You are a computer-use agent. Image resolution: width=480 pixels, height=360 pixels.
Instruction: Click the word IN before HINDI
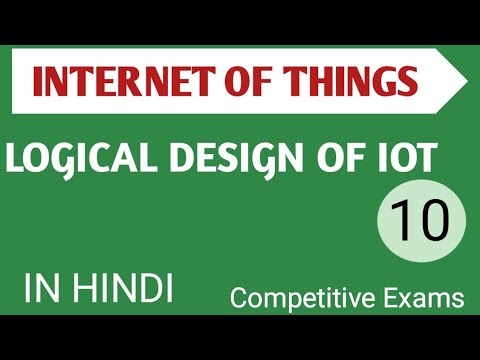coord(41,289)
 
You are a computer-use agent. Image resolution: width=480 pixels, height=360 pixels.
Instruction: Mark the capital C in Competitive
coord(239,297)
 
